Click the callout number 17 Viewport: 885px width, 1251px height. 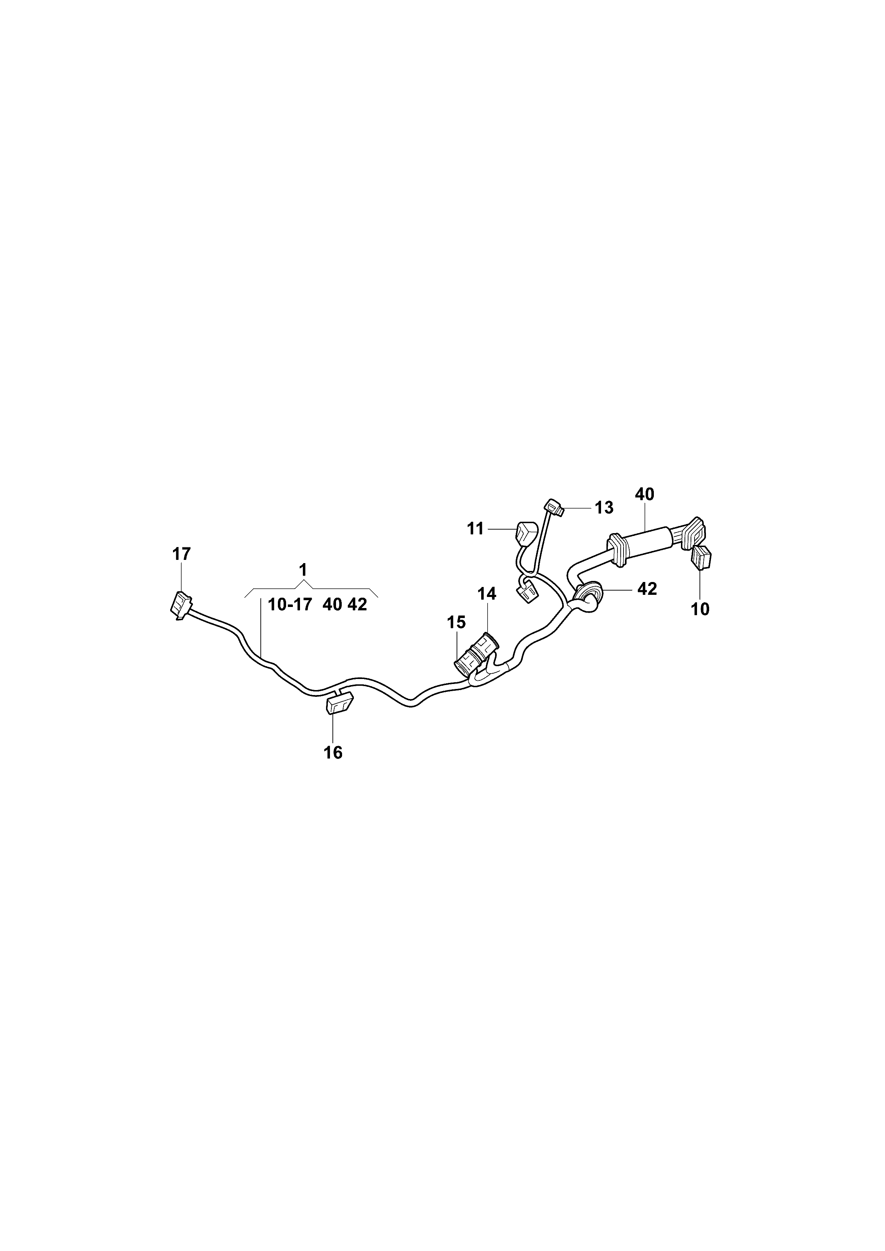(x=182, y=554)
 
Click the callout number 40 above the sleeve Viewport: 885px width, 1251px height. (x=645, y=494)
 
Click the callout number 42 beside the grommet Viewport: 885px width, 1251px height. (x=647, y=589)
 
